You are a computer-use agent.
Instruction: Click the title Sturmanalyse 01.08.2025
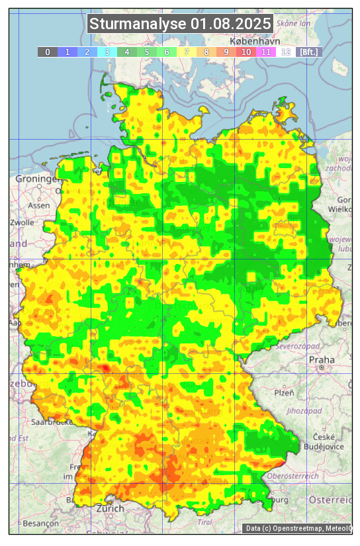(180, 24)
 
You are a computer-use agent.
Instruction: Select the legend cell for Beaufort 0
(48, 52)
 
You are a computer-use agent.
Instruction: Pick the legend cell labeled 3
(107, 52)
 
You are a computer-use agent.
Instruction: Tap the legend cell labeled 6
(167, 52)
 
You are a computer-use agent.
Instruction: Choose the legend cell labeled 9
(226, 52)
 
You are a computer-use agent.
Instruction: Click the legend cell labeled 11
(266, 52)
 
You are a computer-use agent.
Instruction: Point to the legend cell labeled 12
(286, 52)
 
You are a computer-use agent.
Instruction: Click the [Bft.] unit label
(308, 52)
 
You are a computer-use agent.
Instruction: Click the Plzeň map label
(284, 392)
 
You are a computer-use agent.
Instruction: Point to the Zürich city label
(110, 508)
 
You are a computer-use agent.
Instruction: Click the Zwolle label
(22, 222)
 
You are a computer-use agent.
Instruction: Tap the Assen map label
(39, 205)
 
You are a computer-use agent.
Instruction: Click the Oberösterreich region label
(292, 475)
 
